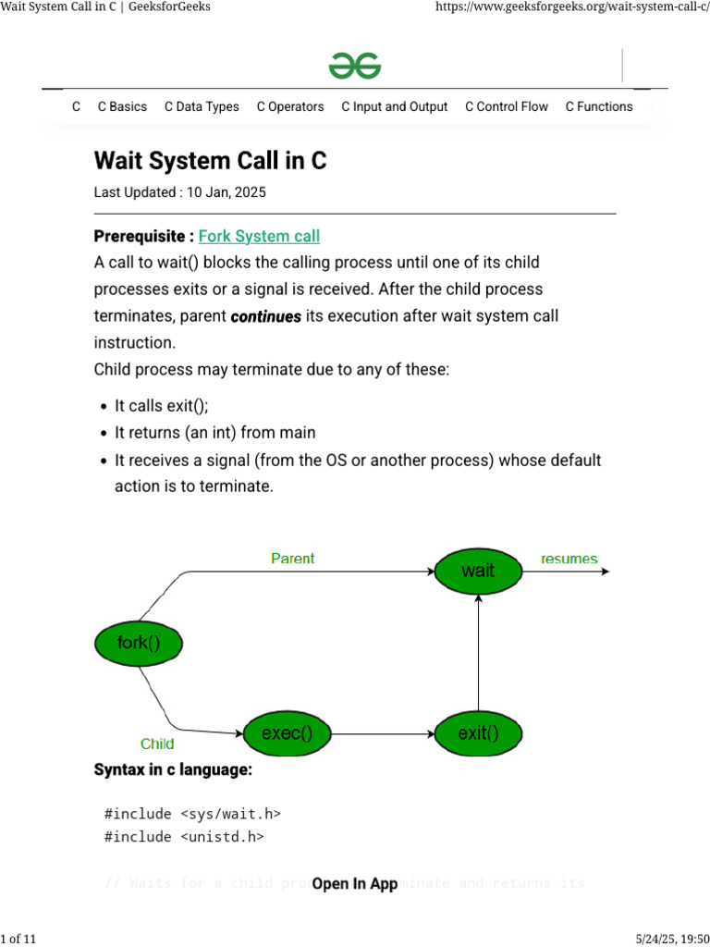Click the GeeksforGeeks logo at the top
click(x=355, y=67)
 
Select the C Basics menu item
click(x=122, y=106)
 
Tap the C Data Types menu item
click(x=202, y=106)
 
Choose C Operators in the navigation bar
click(x=290, y=106)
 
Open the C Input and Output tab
click(x=394, y=106)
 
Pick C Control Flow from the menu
click(x=507, y=106)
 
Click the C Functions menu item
click(x=599, y=106)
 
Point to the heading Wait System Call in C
click(x=210, y=161)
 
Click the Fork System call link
click(x=260, y=237)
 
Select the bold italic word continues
click(x=266, y=316)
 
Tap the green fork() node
click(x=139, y=643)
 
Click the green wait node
click(x=478, y=572)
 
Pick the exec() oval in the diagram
click(x=287, y=734)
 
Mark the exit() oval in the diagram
click(x=478, y=734)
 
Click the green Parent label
click(x=292, y=559)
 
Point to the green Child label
click(x=157, y=744)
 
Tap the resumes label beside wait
click(x=569, y=559)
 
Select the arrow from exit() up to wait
click(x=478, y=653)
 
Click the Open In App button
click(x=355, y=884)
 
